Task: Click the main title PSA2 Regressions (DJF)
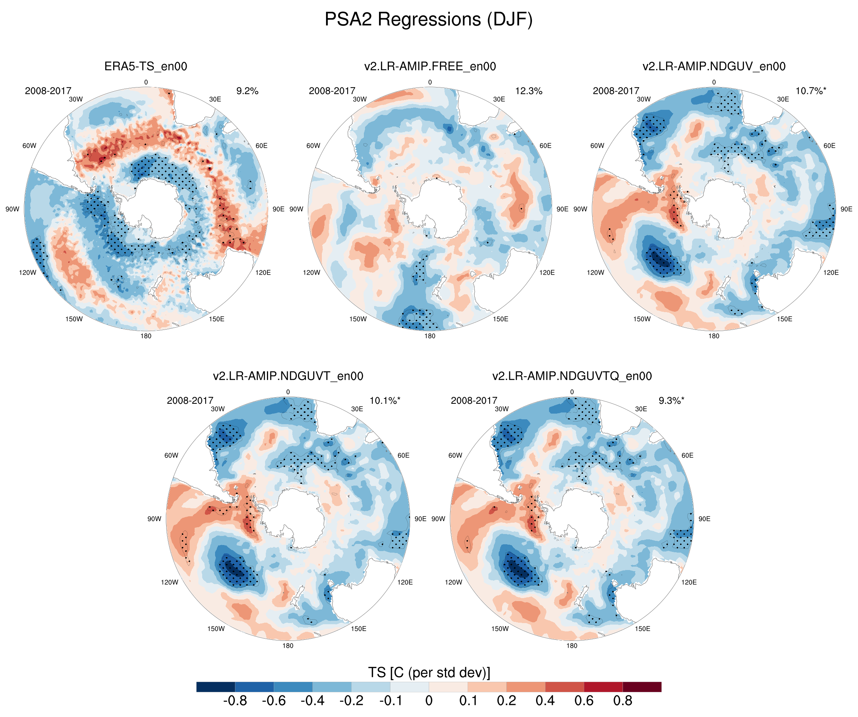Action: click(429, 20)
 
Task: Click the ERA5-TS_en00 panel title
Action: click(146, 66)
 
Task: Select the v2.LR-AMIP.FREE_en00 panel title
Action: click(430, 66)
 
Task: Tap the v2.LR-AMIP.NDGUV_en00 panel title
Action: click(714, 66)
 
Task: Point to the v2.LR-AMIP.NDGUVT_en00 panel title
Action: click(288, 376)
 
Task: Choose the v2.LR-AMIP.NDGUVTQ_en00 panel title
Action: click(572, 376)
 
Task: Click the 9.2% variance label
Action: click(247, 91)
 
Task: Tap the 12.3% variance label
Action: click(529, 91)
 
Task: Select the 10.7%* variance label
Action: click(811, 91)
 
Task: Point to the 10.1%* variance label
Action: click(385, 401)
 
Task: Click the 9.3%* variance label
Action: click(671, 401)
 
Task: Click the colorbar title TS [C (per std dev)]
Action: click(429, 672)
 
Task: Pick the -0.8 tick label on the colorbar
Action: click(235, 701)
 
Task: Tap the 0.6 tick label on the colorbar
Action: click(584, 701)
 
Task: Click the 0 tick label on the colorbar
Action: click(429, 701)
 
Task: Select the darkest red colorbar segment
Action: click(642, 687)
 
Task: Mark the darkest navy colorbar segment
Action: click(216, 687)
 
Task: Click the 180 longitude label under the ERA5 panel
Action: click(146, 336)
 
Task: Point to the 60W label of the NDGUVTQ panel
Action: click(455, 455)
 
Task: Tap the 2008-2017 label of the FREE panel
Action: click(332, 91)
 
